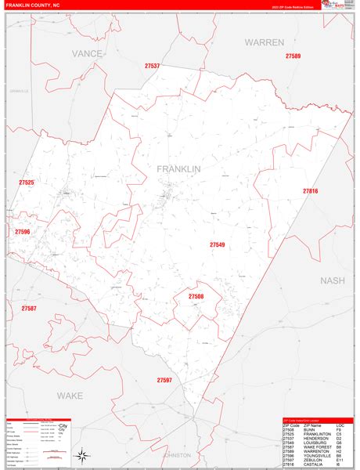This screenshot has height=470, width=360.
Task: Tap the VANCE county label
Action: pos(88,53)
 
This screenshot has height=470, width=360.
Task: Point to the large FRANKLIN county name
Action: pos(178,169)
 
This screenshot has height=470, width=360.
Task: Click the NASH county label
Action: pos(333,280)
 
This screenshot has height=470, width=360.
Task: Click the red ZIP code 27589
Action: pos(293,56)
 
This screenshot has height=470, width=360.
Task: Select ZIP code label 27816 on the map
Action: pos(311,191)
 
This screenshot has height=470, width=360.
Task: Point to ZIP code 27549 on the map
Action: pos(217,245)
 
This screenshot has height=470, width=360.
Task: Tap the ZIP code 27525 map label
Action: pos(27,183)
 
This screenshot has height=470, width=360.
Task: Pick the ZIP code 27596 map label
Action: pos(22,232)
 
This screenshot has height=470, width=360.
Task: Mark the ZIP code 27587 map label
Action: pos(29,309)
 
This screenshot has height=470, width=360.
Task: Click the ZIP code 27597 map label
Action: pos(164,380)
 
